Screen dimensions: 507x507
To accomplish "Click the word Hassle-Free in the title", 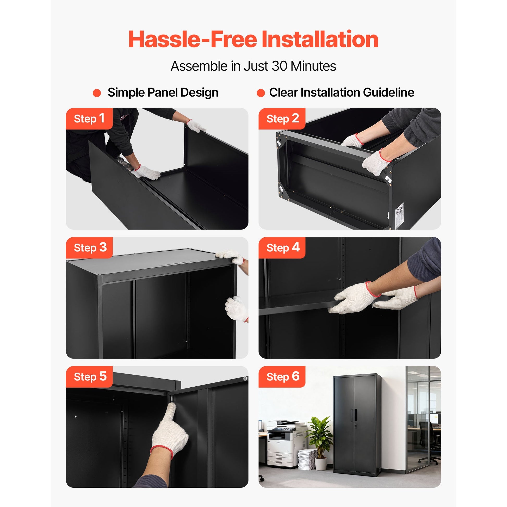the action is click(x=193, y=39).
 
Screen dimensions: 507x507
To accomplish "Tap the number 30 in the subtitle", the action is click(x=280, y=66).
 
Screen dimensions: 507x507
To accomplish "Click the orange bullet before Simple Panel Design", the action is click(x=97, y=93).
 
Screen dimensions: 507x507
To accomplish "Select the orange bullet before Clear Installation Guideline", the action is click(x=261, y=93).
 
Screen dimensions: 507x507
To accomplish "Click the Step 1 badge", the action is click(x=89, y=119).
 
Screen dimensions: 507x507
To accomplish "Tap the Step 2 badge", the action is click(x=282, y=119).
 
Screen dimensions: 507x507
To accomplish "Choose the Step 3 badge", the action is click(x=89, y=248).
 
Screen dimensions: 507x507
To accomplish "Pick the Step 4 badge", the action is click(x=282, y=248).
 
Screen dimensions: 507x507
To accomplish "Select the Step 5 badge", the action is click(x=89, y=377).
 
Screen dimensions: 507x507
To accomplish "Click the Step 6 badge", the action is click(x=282, y=377).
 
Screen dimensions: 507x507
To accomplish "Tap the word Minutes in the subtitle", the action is click(x=313, y=66).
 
